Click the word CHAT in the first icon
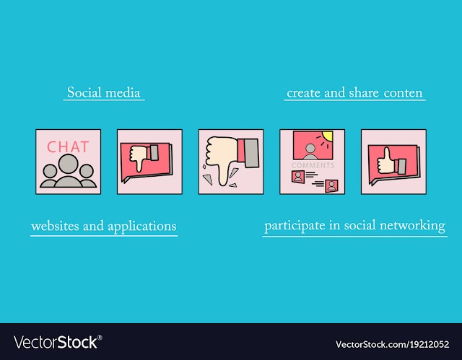pos(68,147)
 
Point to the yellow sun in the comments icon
pos(327,136)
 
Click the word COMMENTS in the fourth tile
pos(313,165)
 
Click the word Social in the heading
pos(84,92)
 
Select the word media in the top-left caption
pos(123,93)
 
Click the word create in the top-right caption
pos(304,93)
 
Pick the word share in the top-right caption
pos(364,93)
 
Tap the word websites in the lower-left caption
pos(55,226)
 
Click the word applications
pos(142,227)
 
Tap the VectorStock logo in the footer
pos(58,343)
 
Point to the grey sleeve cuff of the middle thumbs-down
pos(251,153)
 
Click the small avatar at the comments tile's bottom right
pos(331,186)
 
